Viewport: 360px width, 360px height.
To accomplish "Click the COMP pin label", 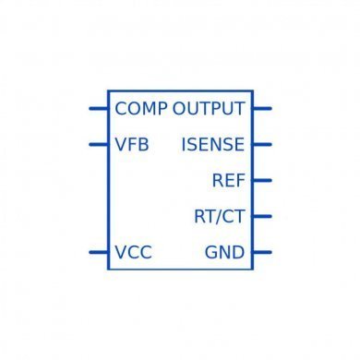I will pyautogui.click(x=141, y=109).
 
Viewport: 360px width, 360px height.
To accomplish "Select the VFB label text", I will pyautogui.click(x=132, y=145).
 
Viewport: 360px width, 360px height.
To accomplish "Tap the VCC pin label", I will pyautogui.click(x=134, y=252).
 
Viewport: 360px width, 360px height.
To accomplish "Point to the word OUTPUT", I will pyautogui.click(x=209, y=109).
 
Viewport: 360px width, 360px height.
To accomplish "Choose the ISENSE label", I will pyautogui.click(x=213, y=145).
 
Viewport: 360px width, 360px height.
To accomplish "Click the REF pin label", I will pyautogui.click(x=228, y=180).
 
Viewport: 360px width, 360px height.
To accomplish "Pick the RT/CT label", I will pyautogui.click(x=220, y=216).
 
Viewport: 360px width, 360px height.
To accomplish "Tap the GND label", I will pyautogui.click(x=225, y=252).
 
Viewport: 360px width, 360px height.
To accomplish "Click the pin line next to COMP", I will pyautogui.click(x=98, y=109).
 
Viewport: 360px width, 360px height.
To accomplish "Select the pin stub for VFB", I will pyautogui.click(x=98, y=144).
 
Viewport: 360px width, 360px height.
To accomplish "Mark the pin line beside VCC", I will pyautogui.click(x=98, y=251).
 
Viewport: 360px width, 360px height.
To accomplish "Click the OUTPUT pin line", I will pyautogui.click(x=262, y=109).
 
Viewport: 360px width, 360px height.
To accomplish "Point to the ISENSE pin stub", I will pyautogui.click(x=262, y=144).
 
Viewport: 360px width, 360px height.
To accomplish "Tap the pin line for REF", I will pyautogui.click(x=262, y=180).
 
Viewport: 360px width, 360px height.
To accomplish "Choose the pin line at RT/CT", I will pyautogui.click(x=262, y=216).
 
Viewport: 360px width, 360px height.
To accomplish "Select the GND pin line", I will pyautogui.click(x=262, y=251).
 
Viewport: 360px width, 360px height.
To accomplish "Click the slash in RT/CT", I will pyautogui.click(x=220, y=216).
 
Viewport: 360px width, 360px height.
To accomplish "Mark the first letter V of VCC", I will pyautogui.click(x=121, y=252).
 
